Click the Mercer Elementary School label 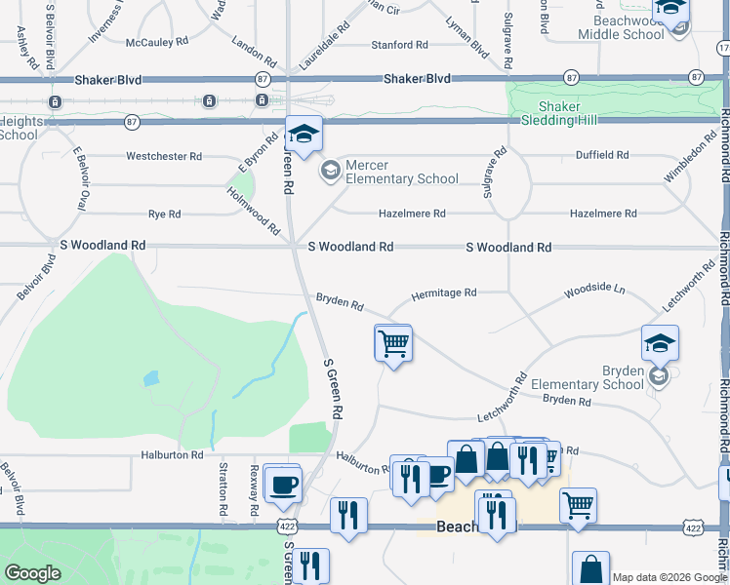point(401,172)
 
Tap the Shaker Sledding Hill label point(559,114)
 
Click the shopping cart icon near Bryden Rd point(393,343)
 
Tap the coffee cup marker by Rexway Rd point(283,485)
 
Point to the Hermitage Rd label point(443,292)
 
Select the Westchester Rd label point(163,156)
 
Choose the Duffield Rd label point(602,155)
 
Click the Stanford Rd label point(399,45)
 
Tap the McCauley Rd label point(156,42)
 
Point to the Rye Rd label point(163,214)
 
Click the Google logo point(32,573)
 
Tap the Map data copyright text point(669,577)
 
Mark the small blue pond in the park point(150,377)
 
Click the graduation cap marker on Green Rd point(304,134)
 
